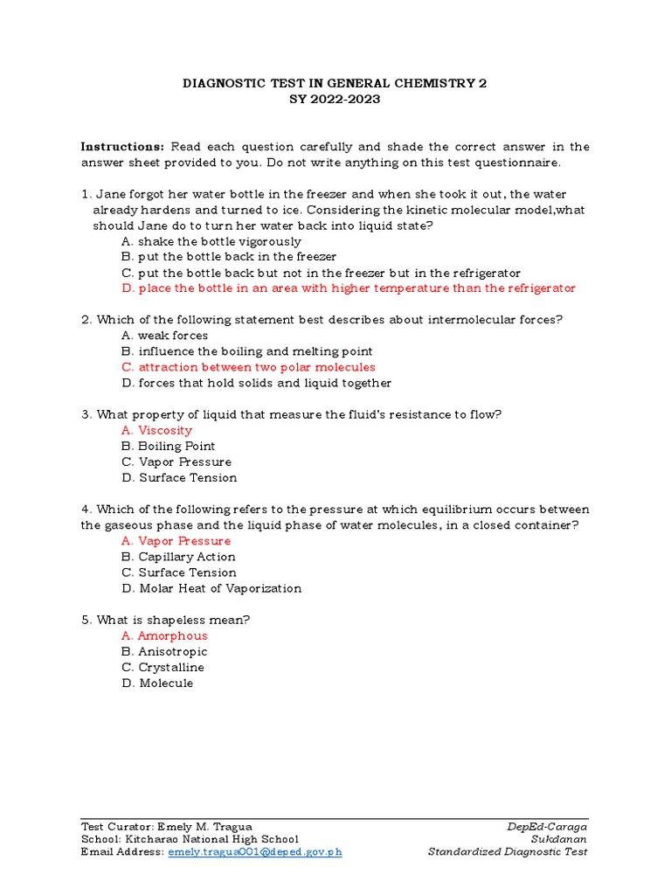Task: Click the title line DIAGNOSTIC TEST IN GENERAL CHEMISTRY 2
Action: pyautogui.click(x=335, y=84)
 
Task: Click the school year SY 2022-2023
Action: pyautogui.click(x=335, y=100)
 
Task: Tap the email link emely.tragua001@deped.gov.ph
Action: pyautogui.click(x=255, y=852)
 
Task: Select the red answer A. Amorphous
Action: pyautogui.click(x=165, y=635)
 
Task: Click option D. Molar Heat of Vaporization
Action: pyautogui.click(x=212, y=588)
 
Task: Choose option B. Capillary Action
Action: pyautogui.click(x=179, y=557)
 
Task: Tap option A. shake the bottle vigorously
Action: pyautogui.click(x=212, y=241)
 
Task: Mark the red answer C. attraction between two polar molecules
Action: pyautogui.click(x=249, y=367)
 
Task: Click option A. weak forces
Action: pyautogui.click(x=165, y=336)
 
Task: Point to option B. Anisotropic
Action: pyautogui.click(x=165, y=651)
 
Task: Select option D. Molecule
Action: pyautogui.click(x=158, y=683)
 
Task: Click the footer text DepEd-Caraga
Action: pyautogui.click(x=547, y=827)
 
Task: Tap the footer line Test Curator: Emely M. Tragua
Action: pyautogui.click(x=167, y=827)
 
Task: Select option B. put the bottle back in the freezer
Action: pyautogui.click(x=230, y=257)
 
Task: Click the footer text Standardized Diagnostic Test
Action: pyautogui.click(x=508, y=852)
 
